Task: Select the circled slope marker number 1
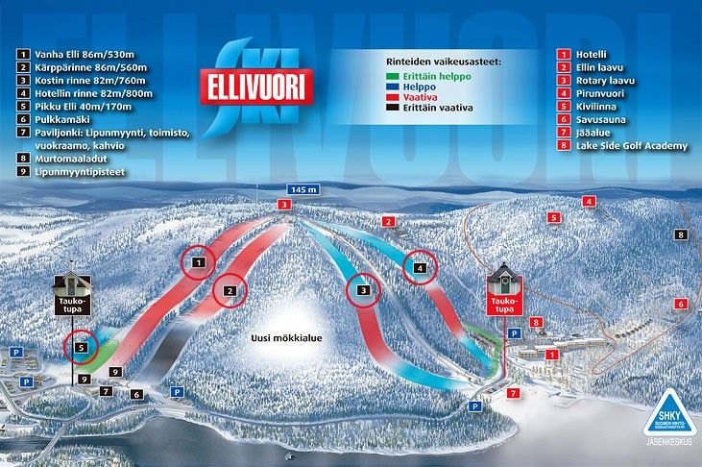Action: (198, 261)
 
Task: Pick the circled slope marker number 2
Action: (229, 289)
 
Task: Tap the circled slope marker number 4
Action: (420, 268)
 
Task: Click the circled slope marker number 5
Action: (82, 346)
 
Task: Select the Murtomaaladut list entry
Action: (61, 158)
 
